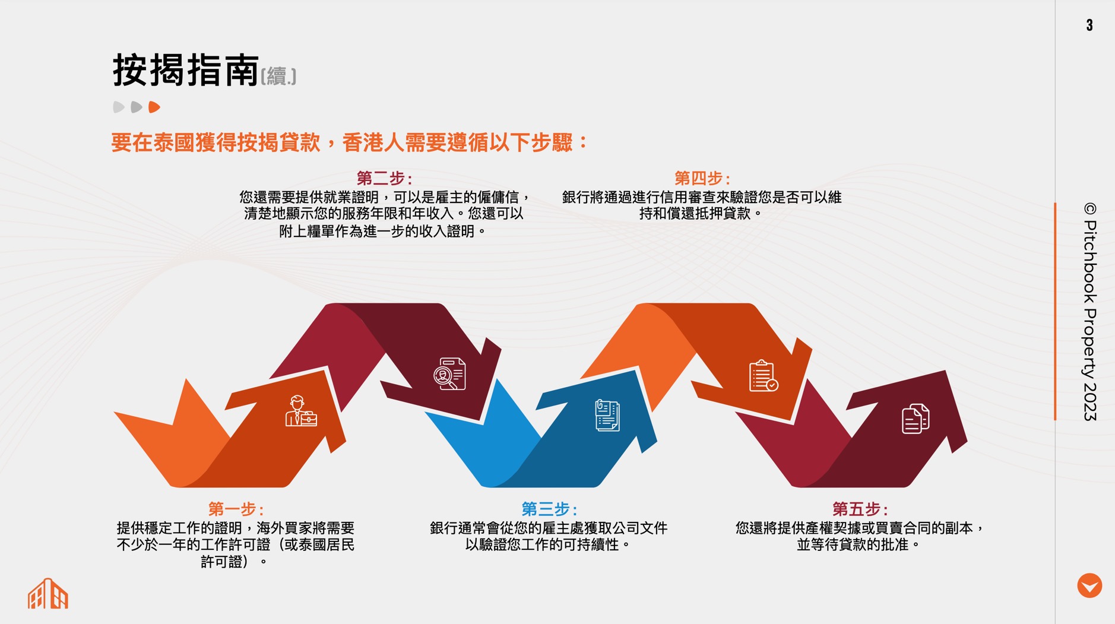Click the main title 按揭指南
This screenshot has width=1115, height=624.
coord(186,70)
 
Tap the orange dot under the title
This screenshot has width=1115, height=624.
coord(154,107)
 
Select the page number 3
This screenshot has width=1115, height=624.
coord(1089,25)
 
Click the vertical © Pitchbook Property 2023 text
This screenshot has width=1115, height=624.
coord(1090,312)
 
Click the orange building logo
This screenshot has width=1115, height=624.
coord(48,593)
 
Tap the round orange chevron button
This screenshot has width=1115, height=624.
coord(1089,585)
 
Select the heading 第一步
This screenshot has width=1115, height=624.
coord(236,509)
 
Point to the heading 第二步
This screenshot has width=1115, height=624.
coord(384,178)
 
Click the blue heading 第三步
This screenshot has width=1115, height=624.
coord(549,509)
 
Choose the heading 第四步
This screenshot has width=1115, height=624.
coord(702,178)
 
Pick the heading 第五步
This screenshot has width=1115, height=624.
coord(860,509)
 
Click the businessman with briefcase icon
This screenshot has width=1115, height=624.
coord(301,411)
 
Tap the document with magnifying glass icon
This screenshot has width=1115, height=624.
coord(449,374)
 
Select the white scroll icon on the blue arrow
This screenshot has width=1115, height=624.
coord(607,415)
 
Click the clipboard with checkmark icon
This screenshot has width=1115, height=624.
coord(764,376)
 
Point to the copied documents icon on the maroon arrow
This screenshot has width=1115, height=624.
coord(916,419)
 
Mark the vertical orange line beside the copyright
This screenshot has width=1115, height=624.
coord(1055,312)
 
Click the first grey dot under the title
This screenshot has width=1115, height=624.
coord(119,107)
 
